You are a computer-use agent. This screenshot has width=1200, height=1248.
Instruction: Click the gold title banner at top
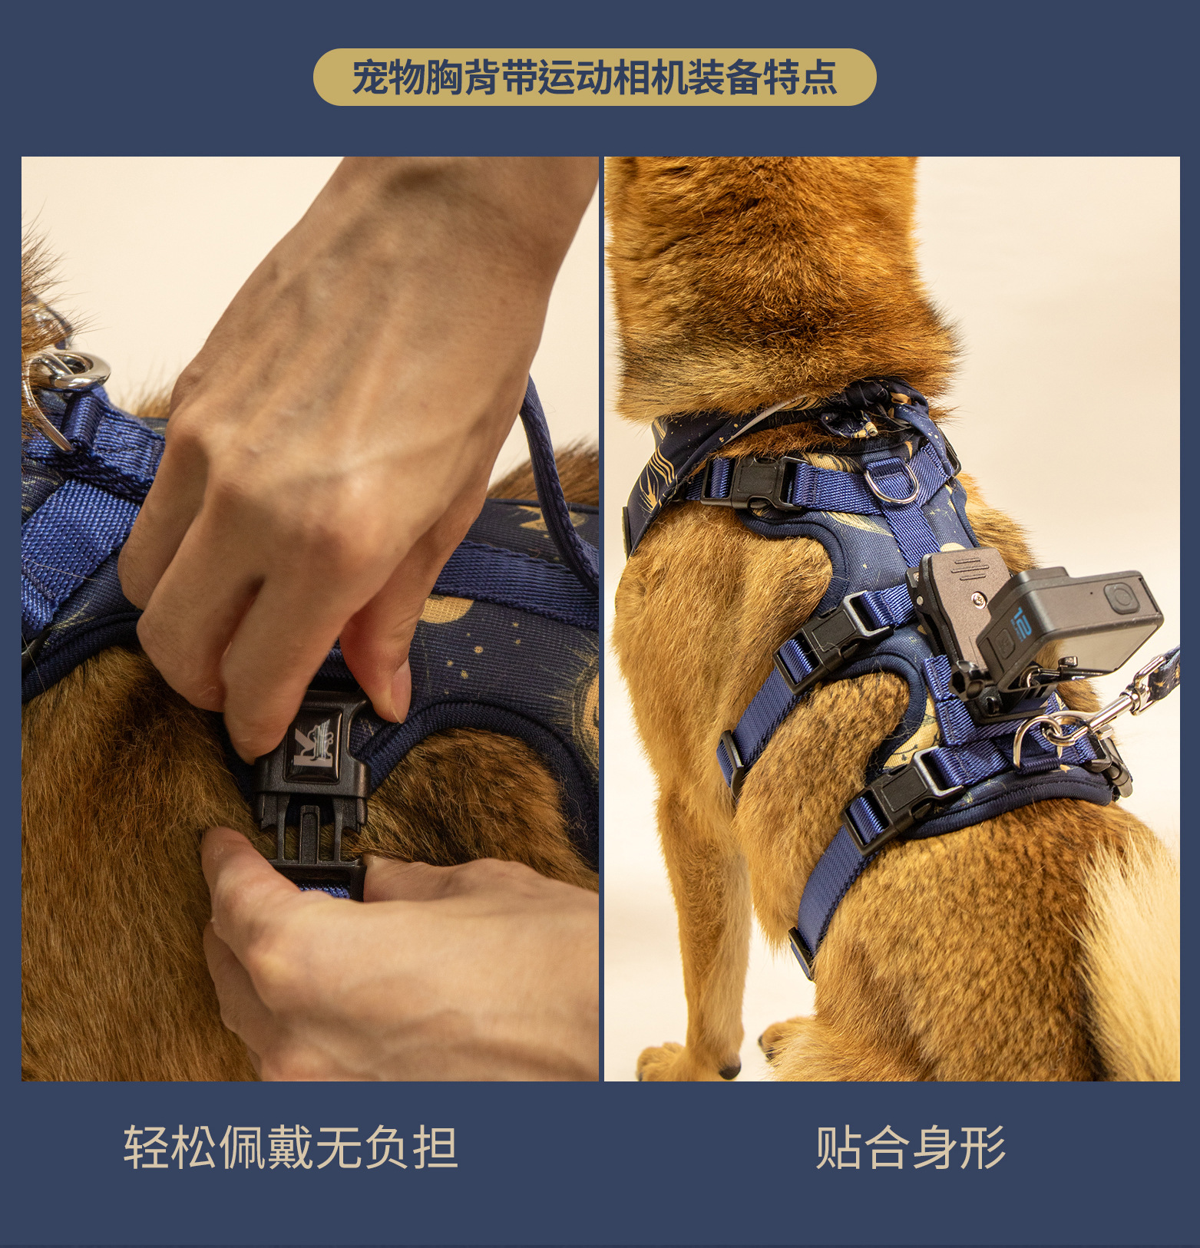[594, 77]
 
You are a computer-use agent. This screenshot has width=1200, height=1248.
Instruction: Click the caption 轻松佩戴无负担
[290, 1148]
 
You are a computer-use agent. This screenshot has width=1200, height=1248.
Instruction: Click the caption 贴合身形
[910, 1148]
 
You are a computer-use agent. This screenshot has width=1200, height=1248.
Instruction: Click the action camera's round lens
[1120, 597]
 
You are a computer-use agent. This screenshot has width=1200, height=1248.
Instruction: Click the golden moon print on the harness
[446, 611]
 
